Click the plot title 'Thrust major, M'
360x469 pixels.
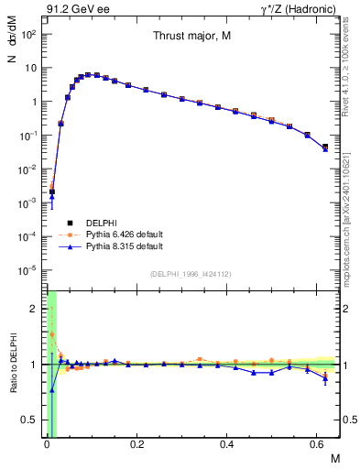[191, 38]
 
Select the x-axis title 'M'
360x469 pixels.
[333, 458]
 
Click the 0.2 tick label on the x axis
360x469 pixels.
[136, 446]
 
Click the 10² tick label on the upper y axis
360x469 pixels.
[28, 34]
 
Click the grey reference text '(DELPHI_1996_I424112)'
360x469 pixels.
[191, 273]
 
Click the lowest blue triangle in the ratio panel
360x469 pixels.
[52, 389]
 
